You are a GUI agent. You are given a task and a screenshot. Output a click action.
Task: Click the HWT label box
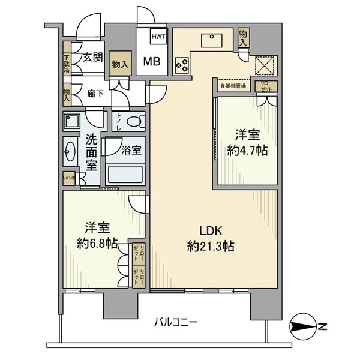click(158, 37)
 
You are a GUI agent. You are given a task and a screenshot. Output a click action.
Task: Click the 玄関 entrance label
click(92, 58)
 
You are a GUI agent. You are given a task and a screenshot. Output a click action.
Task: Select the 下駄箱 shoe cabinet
click(67, 64)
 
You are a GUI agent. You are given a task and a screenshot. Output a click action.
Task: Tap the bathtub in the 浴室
click(125, 174)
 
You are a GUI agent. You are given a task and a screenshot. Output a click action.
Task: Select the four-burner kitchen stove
click(182, 64)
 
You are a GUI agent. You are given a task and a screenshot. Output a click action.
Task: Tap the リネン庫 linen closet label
click(69, 178)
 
